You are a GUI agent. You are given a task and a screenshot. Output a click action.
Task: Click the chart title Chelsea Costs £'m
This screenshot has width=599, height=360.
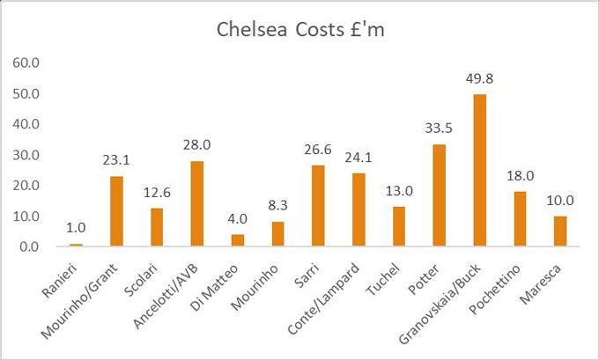coord(300,30)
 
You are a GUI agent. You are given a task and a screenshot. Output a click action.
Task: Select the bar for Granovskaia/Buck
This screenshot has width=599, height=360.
coord(480,171)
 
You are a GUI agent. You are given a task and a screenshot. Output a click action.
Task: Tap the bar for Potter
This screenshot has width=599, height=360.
coord(440,195)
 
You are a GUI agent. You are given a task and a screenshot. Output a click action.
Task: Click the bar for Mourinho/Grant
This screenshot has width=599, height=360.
coord(116,211)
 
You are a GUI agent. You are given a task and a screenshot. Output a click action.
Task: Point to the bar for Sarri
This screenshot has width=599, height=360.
coord(318,206)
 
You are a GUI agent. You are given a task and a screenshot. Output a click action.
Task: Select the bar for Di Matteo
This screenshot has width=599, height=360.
coord(238,240)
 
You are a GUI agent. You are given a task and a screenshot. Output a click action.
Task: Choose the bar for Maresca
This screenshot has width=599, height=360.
coord(560,231)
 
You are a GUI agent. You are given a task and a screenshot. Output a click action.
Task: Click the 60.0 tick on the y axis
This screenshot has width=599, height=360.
coord(25,62)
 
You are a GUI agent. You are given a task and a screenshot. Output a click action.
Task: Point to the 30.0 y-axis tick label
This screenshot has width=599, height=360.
coord(25,155)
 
